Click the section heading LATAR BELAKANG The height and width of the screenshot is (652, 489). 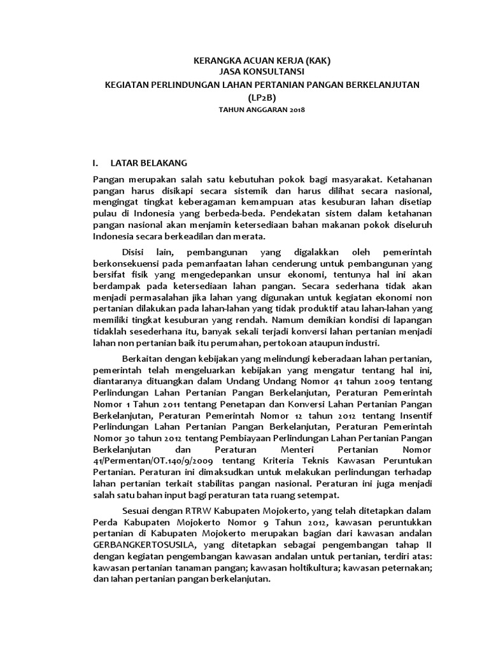click(149, 163)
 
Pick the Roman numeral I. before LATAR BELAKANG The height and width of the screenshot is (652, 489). click(97, 163)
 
